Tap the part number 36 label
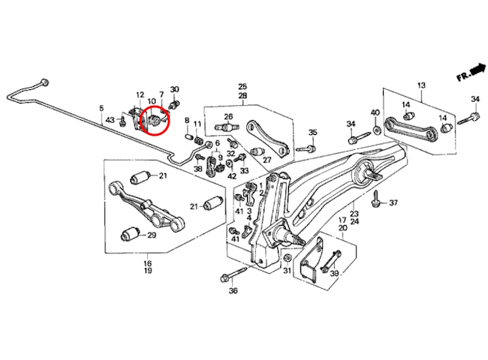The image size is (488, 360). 233,291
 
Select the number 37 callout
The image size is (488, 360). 393,203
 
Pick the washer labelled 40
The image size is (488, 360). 376,129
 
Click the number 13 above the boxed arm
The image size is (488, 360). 421,85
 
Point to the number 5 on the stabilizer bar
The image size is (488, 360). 101,109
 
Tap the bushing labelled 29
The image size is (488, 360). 129,234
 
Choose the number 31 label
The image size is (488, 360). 287,271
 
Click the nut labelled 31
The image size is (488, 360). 287,258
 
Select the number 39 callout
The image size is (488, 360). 334,273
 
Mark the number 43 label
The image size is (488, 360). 110,120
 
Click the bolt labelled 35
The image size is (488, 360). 306,149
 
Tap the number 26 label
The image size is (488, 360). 228,117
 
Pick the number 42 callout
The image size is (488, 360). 232,176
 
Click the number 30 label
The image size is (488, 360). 174,89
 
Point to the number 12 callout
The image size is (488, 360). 140,94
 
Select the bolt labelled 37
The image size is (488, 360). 376,198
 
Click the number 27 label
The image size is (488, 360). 267,160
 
